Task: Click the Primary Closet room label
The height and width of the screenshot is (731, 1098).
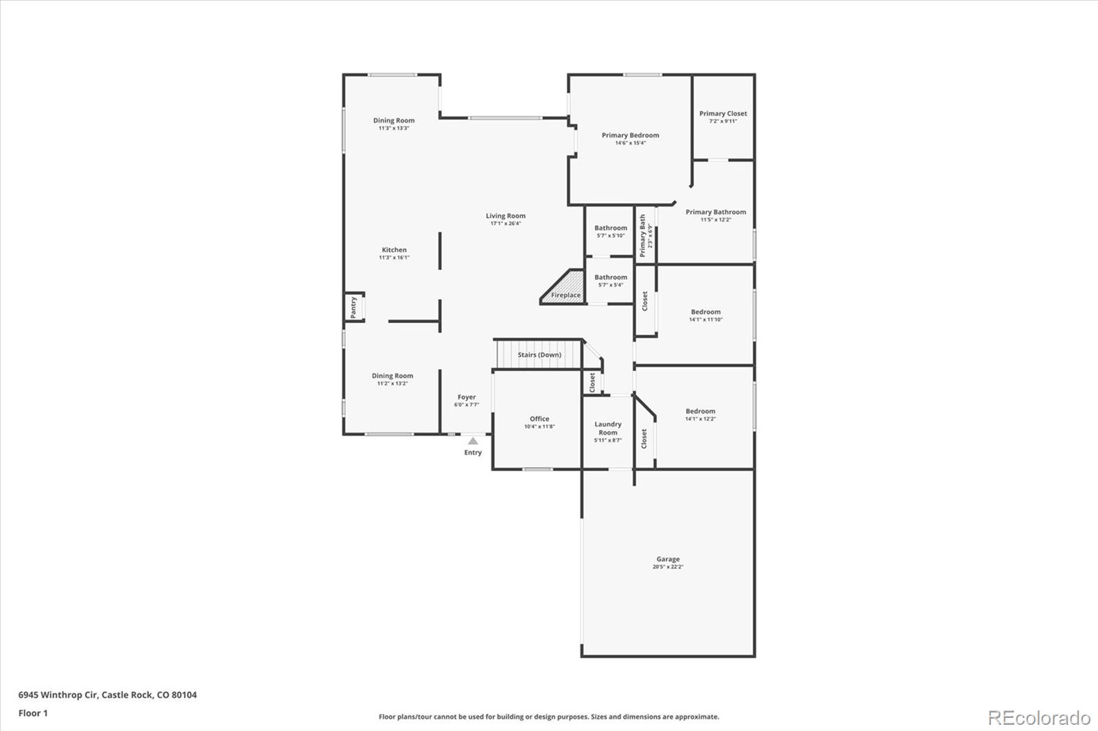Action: [x=723, y=114]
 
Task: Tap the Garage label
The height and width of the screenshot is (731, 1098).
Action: [x=668, y=560]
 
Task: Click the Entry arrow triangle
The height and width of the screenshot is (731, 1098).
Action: [x=473, y=441]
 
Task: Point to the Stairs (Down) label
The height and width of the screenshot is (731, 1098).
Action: [x=539, y=355]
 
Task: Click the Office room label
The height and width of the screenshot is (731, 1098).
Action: [x=539, y=419]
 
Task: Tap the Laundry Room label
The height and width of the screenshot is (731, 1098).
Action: [x=608, y=429]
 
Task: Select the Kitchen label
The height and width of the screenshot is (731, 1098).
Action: [x=394, y=250]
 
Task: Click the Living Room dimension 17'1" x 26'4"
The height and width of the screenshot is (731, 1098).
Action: [x=506, y=224]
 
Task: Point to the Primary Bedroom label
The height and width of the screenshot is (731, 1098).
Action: [x=630, y=136]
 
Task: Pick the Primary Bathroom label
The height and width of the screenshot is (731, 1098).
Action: [x=716, y=213]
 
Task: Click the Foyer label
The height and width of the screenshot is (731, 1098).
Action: [x=467, y=397]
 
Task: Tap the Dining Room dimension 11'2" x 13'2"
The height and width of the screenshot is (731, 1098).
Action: [x=393, y=384]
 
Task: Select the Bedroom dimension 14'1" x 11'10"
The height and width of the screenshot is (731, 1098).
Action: [x=705, y=320]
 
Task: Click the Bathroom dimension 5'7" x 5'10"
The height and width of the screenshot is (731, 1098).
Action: [x=611, y=236]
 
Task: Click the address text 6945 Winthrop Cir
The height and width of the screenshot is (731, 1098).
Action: [x=58, y=695]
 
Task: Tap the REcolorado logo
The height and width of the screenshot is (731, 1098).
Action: [x=1039, y=718]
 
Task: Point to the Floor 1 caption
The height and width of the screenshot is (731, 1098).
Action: [x=33, y=713]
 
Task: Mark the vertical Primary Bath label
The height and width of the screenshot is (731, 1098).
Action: [x=643, y=236]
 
